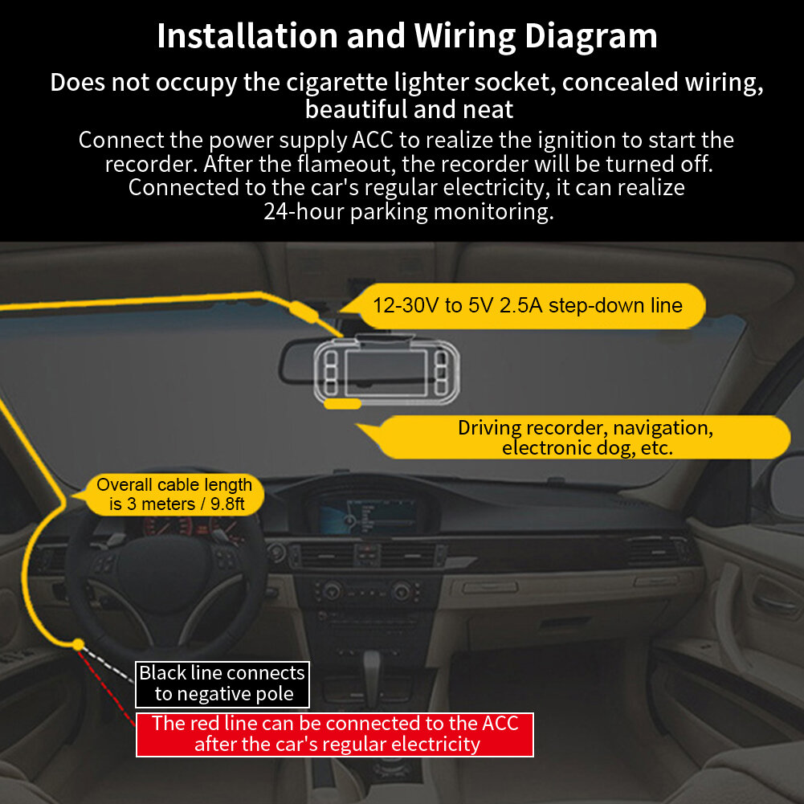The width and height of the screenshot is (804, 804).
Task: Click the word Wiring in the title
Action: (465, 36)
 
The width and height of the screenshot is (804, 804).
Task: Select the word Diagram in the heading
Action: (590, 36)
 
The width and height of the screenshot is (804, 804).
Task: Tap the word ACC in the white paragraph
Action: (372, 140)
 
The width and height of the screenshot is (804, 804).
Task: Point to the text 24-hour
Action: (303, 211)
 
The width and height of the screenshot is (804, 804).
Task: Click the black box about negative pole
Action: (222, 684)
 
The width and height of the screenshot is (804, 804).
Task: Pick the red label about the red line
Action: (335, 734)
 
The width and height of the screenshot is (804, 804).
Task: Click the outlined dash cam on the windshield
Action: (386, 369)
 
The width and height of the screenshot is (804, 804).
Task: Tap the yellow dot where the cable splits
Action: (78, 644)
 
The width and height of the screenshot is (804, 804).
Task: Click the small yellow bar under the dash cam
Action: (342, 404)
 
